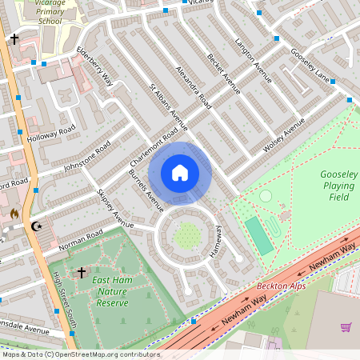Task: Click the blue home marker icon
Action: [180, 173]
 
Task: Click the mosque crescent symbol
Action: [35, 226]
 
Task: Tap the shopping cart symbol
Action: [346, 326]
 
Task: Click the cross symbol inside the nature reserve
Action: [81, 274]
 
